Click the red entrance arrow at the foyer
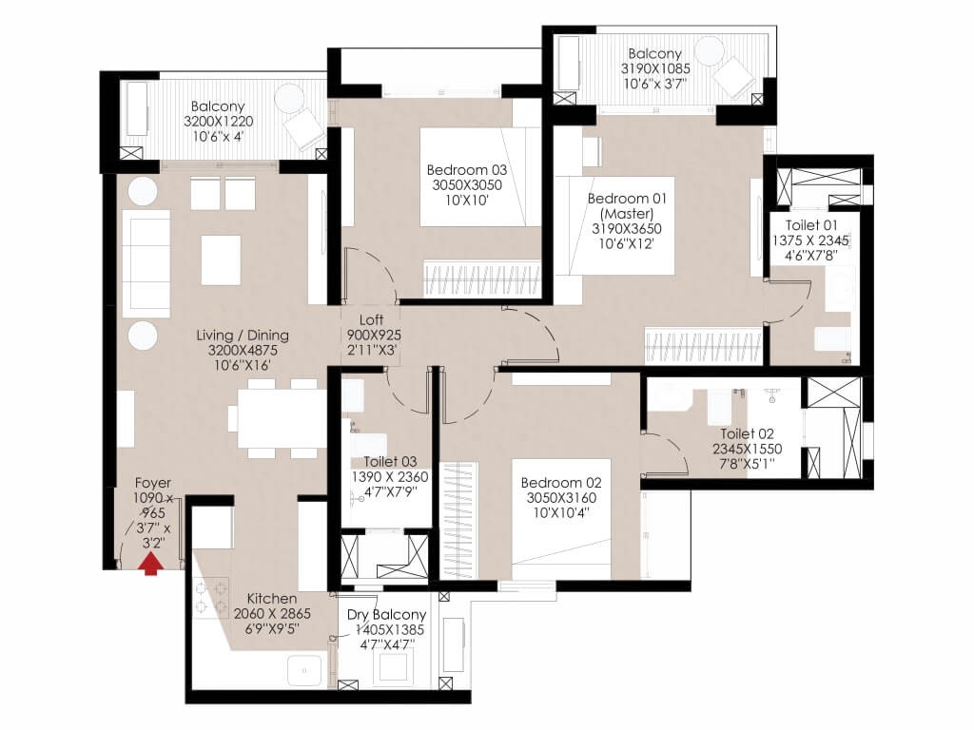tap(150, 565)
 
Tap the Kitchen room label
tap(272, 599)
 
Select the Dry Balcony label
tap(386, 615)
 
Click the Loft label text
tap(371, 319)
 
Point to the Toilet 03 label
tap(390, 461)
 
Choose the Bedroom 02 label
tap(561, 482)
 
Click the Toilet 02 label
tap(747, 433)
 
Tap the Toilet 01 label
tap(811, 224)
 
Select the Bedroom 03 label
tap(466, 169)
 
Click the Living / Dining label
tap(243, 336)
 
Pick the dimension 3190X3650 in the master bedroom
tap(626, 228)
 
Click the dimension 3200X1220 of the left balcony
tap(218, 121)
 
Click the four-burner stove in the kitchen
tap(211, 597)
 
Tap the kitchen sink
tap(304, 670)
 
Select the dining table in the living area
tap(277, 418)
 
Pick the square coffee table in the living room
tap(221, 259)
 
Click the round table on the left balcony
tap(288, 99)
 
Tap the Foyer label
tap(153, 482)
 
